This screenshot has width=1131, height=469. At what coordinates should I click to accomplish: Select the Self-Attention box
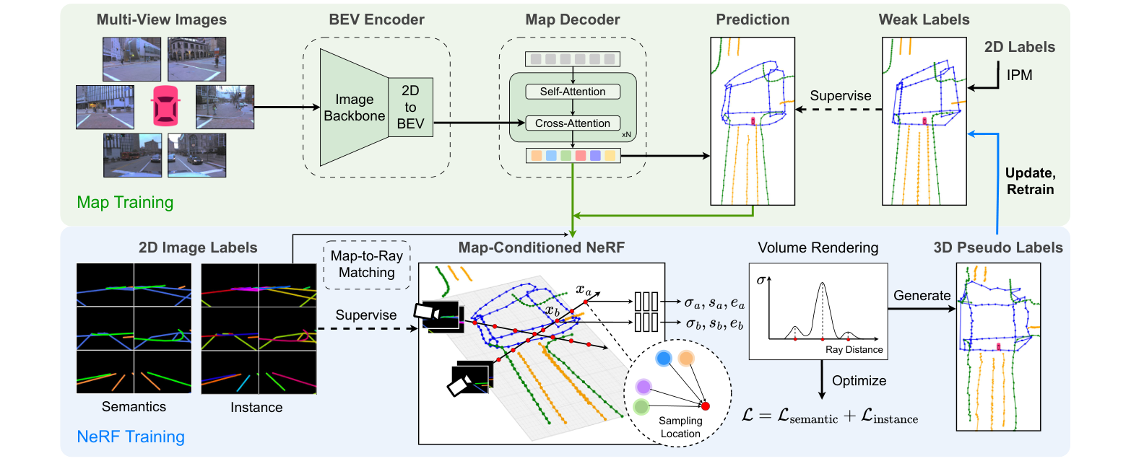pos(573,92)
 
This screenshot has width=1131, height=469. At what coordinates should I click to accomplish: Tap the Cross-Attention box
pos(573,123)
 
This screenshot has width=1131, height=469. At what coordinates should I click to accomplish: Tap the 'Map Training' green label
pos(125,202)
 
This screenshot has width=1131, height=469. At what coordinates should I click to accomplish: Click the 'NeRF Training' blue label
pos(130,437)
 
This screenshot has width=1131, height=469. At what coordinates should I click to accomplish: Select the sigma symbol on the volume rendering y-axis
pos(760,279)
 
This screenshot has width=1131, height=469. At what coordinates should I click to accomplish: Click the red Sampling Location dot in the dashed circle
pos(706,406)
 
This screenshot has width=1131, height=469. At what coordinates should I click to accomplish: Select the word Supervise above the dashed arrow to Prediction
pos(840,95)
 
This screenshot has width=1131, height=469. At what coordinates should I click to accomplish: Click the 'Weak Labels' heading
pos(924,19)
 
